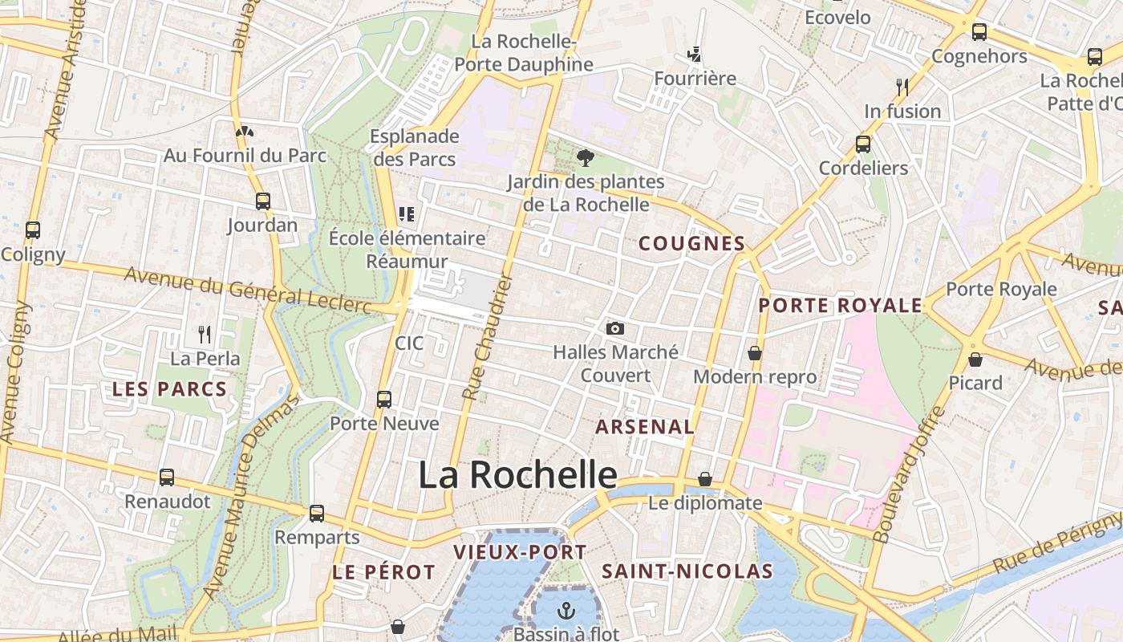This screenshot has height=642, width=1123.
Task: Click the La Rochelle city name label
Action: [x=517, y=475]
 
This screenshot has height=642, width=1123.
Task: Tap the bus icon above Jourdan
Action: [x=262, y=201]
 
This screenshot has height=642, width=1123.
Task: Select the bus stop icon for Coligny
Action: [x=33, y=230]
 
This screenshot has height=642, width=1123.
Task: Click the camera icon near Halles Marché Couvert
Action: [x=615, y=328]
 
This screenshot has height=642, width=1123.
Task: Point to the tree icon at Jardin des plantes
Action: [x=585, y=157]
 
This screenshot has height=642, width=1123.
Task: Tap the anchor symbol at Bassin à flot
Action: [x=567, y=611]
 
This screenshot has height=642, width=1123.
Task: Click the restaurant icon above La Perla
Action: [x=205, y=334]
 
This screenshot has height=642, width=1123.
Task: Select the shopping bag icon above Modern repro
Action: [x=755, y=352]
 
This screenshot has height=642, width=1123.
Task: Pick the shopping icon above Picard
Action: [x=975, y=359]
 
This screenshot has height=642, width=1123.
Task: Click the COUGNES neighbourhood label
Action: [x=691, y=244]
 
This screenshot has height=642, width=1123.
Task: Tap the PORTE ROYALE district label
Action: [x=841, y=306]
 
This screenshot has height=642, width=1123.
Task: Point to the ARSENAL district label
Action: [x=645, y=427]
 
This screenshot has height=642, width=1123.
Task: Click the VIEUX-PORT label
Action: [x=520, y=552]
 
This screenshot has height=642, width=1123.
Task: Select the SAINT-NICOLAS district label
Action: [x=687, y=571]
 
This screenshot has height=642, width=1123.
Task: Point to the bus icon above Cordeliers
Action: [x=863, y=144]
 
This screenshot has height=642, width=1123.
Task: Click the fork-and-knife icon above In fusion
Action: [x=902, y=87]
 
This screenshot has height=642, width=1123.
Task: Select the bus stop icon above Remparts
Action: [x=317, y=513]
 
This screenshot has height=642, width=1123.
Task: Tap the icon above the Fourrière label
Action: [x=695, y=55]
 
